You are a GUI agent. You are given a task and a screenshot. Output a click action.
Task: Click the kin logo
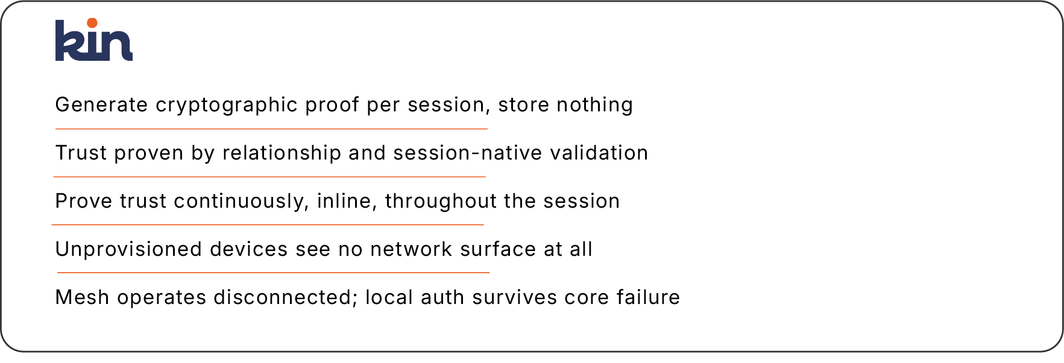click(x=94, y=40)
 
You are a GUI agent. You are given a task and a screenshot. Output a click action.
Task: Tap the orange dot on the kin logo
click(x=92, y=23)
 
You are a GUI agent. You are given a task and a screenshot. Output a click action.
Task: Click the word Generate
click(x=101, y=105)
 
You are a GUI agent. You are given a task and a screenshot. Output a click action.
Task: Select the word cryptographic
click(x=227, y=105)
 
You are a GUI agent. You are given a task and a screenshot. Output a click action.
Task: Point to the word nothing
click(x=594, y=105)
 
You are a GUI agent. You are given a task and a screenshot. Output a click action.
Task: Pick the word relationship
click(x=282, y=153)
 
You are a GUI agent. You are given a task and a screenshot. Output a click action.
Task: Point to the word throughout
click(x=441, y=202)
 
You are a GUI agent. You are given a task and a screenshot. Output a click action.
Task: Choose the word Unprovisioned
click(x=128, y=249)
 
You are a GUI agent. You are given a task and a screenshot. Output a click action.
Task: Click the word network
click(x=411, y=249)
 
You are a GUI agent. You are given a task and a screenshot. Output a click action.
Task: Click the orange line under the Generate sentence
click(x=271, y=129)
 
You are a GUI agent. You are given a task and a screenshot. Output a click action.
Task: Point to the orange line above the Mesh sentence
click(x=273, y=273)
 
